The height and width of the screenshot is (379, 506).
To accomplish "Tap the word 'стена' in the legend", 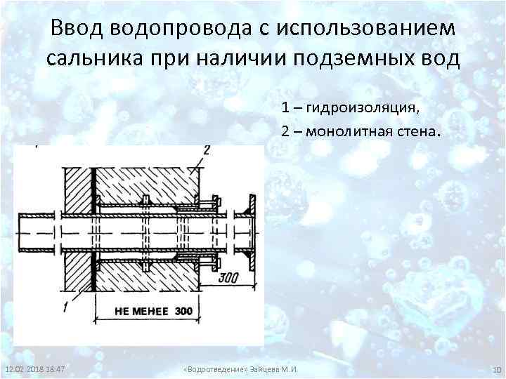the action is click(x=418, y=131).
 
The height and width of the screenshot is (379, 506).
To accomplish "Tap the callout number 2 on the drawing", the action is click(x=206, y=149).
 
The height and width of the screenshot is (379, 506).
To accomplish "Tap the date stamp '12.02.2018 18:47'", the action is click(x=35, y=369).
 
